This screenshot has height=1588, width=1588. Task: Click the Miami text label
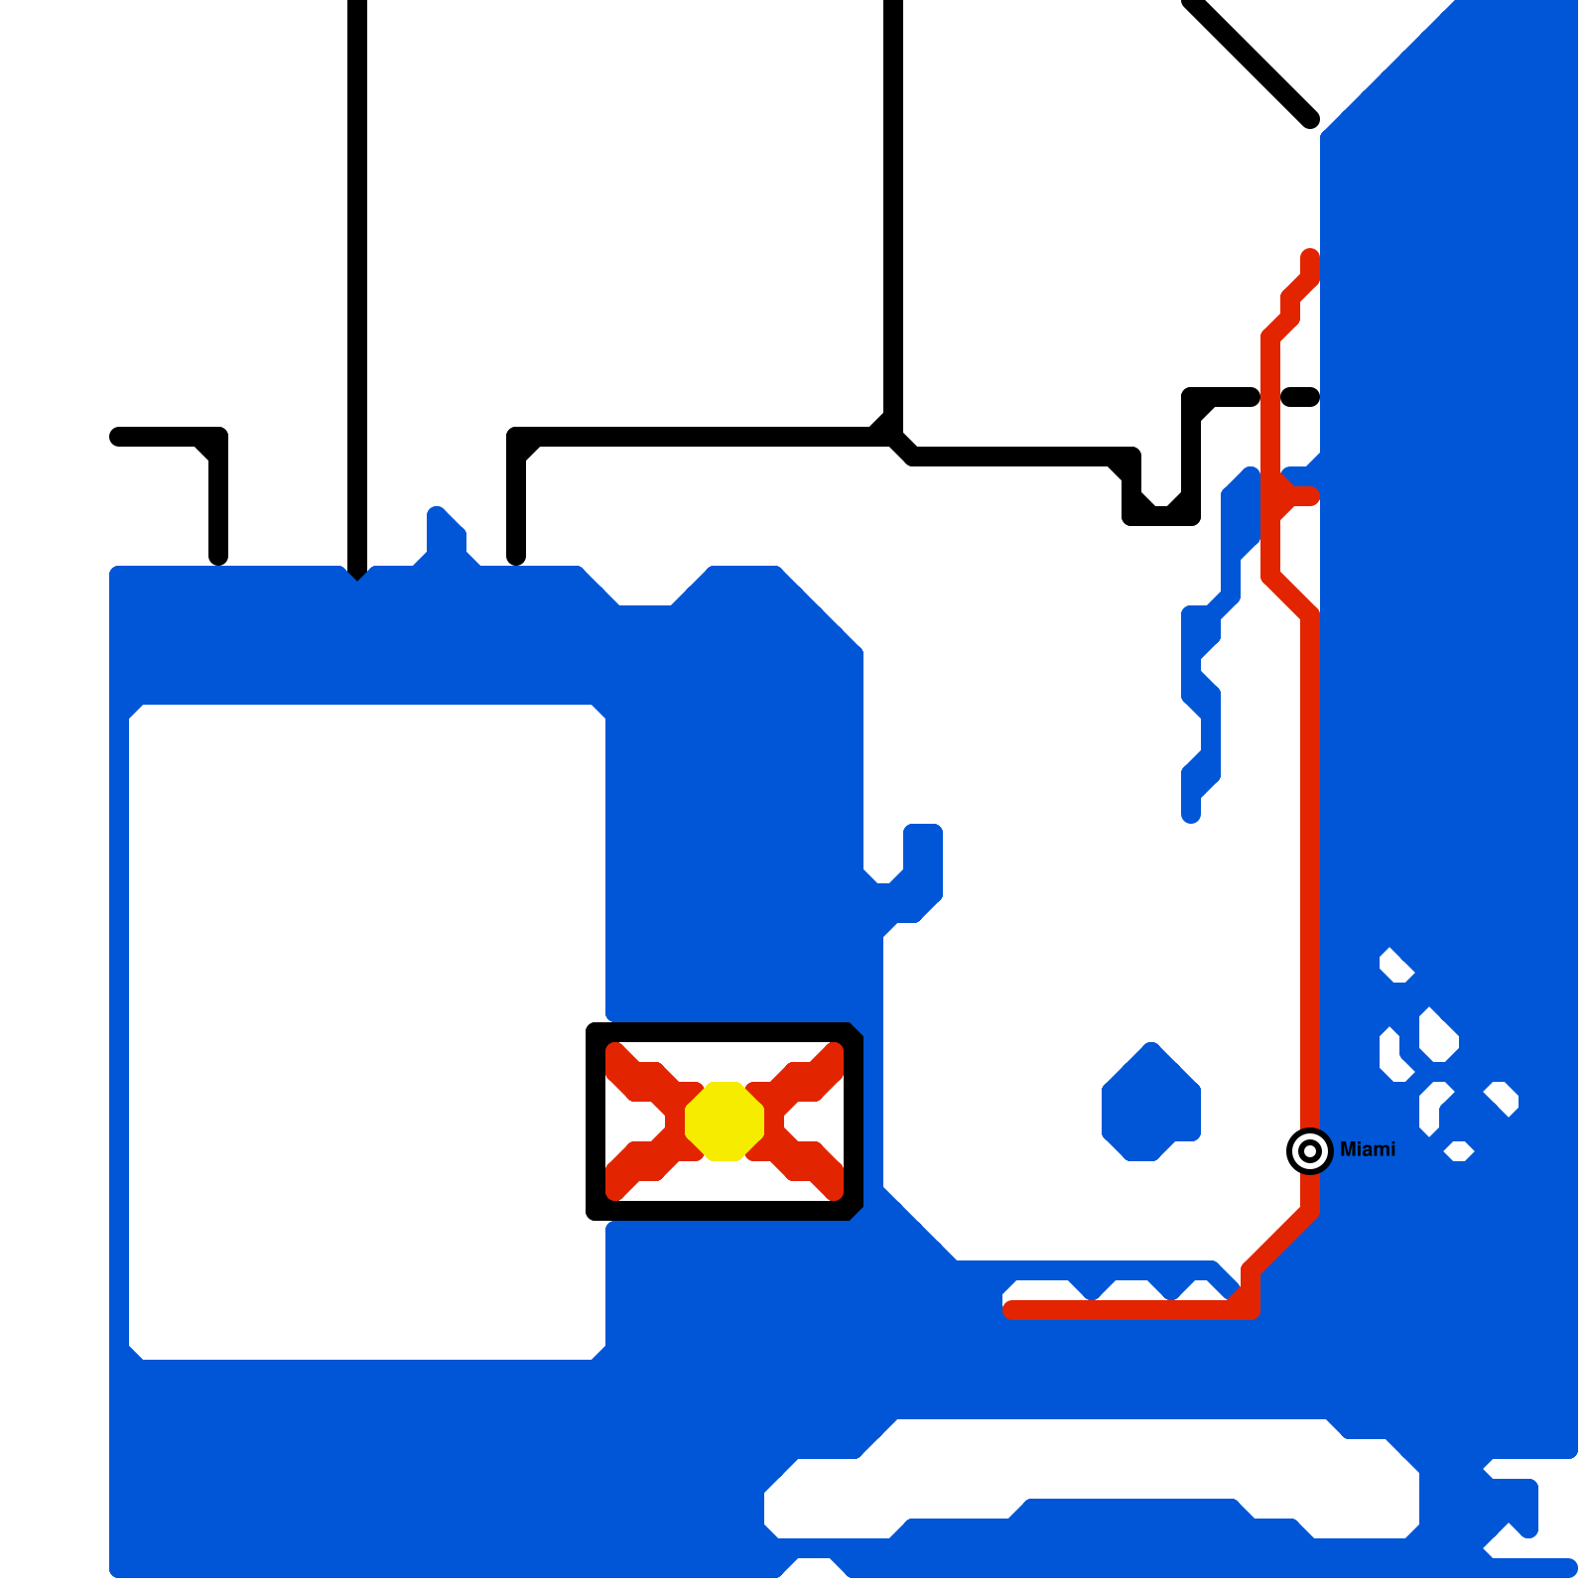coord(1367,1149)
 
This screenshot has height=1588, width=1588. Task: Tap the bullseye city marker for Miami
coord(1309,1151)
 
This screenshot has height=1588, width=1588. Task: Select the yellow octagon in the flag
coord(725,1121)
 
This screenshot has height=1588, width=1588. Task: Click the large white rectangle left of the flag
coord(367,1032)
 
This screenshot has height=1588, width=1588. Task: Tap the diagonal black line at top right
coord(1251,60)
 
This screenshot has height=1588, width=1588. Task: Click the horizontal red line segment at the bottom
coord(1122,1310)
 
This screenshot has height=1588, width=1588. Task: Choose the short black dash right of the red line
coord(1300,397)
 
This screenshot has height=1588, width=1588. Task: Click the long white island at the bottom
coord(1092,1469)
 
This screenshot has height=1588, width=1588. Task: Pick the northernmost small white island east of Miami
coord(1395,966)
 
